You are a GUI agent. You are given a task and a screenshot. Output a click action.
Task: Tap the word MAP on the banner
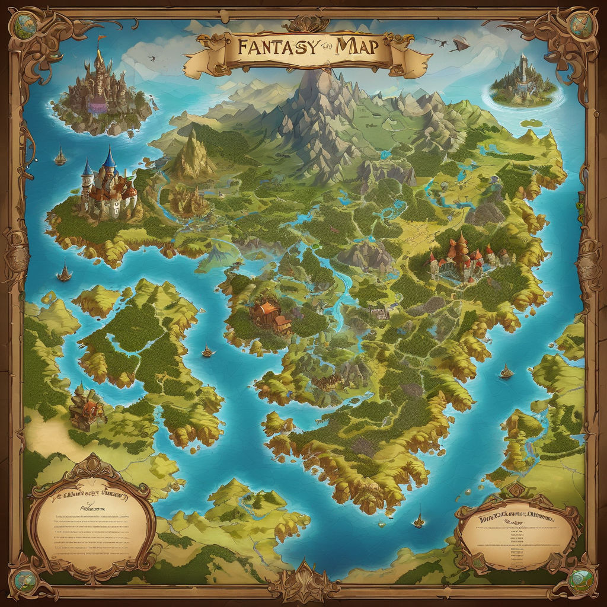point(355,47)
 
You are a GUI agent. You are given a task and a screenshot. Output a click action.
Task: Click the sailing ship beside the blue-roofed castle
point(60,157)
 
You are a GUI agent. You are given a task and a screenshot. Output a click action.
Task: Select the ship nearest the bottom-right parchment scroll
point(419,520)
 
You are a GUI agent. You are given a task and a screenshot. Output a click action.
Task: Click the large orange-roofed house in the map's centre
point(270,314)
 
